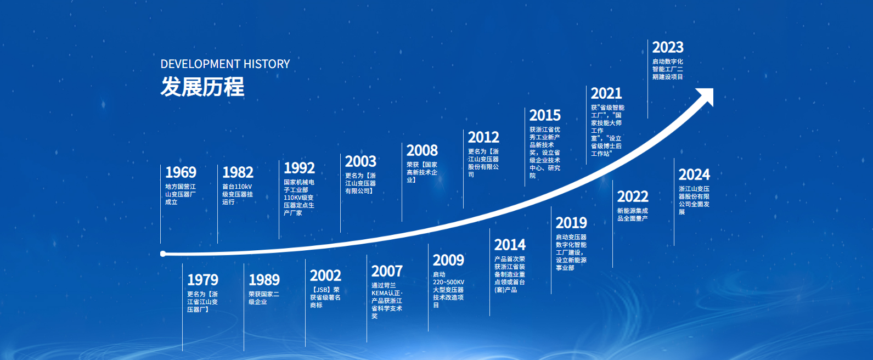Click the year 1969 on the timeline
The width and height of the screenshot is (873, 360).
point(181,172)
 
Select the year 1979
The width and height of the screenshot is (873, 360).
point(202,280)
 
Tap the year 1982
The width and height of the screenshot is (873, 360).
point(238,172)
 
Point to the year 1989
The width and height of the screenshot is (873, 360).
point(264,280)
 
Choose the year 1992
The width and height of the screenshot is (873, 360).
point(299,168)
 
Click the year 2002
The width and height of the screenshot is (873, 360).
point(325,275)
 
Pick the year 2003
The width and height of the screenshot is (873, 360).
point(361,161)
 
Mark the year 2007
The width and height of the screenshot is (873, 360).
point(387,271)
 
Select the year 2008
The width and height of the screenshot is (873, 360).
point(422,150)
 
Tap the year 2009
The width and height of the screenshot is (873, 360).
point(448,260)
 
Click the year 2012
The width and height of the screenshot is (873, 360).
point(483,137)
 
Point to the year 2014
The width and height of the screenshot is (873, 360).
point(510,245)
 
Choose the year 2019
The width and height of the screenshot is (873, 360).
point(571,223)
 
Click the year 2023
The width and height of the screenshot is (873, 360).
point(668,47)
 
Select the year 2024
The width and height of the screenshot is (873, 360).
point(694,175)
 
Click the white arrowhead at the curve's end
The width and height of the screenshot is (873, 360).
point(707,95)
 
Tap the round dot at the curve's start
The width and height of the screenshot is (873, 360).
point(163,254)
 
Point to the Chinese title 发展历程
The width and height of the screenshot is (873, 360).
point(202,87)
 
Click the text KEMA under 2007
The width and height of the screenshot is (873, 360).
point(380,293)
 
